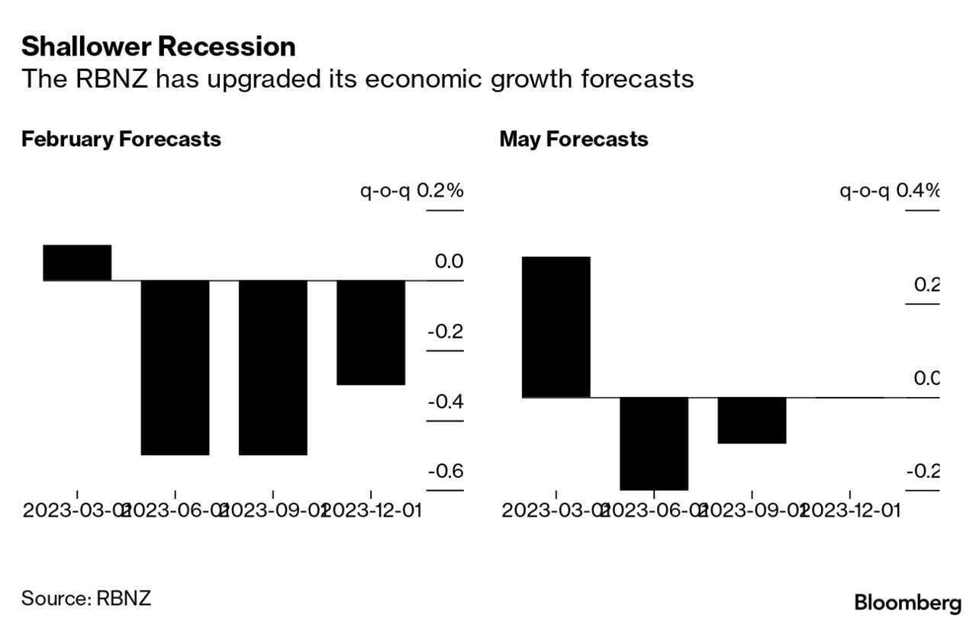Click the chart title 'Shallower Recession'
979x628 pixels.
158,47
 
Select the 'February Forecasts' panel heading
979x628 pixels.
121,139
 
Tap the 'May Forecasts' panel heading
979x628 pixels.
574,139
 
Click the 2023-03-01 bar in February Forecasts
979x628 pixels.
77,263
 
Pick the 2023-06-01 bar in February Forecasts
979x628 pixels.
175,367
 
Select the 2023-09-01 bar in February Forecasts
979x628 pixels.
272,367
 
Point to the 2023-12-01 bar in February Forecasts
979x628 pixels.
370,332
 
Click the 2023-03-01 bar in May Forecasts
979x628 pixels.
556,327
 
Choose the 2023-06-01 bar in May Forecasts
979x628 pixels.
653,443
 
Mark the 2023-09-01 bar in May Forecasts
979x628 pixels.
751,420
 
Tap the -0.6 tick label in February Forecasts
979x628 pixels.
446,471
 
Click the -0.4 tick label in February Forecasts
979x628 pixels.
446,401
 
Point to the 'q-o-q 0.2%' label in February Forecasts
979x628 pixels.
412,191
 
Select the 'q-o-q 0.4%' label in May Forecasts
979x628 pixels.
889,191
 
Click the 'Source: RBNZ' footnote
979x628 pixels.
86,598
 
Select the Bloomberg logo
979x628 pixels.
908,603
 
